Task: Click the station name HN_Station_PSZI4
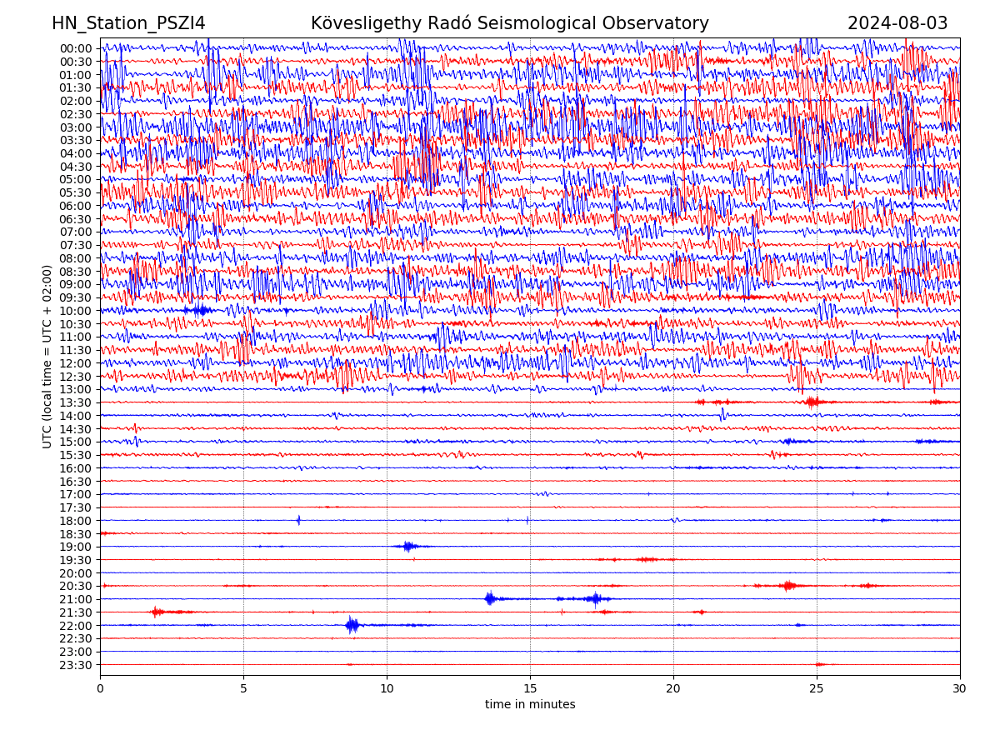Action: pyautogui.click(x=128, y=23)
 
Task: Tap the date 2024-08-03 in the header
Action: pyautogui.click(x=897, y=23)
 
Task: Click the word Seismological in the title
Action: pyautogui.click(x=561, y=23)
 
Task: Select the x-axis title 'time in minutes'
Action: pyautogui.click(x=530, y=704)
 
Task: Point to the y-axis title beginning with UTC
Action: pyautogui.click(x=47, y=356)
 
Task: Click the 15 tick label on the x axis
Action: pyautogui.click(x=530, y=688)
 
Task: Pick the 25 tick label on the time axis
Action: pyautogui.click(x=817, y=688)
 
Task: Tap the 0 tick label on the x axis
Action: pyautogui.click(x=100, y=688)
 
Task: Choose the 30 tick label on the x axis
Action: pyautogui.click(x=960, y=688)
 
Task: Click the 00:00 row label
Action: pyautogui.click(x=76, y=48)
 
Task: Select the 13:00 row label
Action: pyautogui.click(x=76, y=389)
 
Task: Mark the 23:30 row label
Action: pyautogui.click(x=76, y=665)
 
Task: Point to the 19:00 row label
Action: pyautogui.click(x=76, y=547)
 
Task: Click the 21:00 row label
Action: pyautogui.click(x=76, y=599)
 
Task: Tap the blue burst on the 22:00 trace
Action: pyautogui.click(x=352, y=625)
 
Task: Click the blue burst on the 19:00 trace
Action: pyautogui.click(x=407, y=547)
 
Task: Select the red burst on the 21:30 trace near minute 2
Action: pyautogui.click(x=157, y=612)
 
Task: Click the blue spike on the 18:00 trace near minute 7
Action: pyautogui.click(x=298, y=520)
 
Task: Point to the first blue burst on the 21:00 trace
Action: pyautogui.click(x=490, y=598)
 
